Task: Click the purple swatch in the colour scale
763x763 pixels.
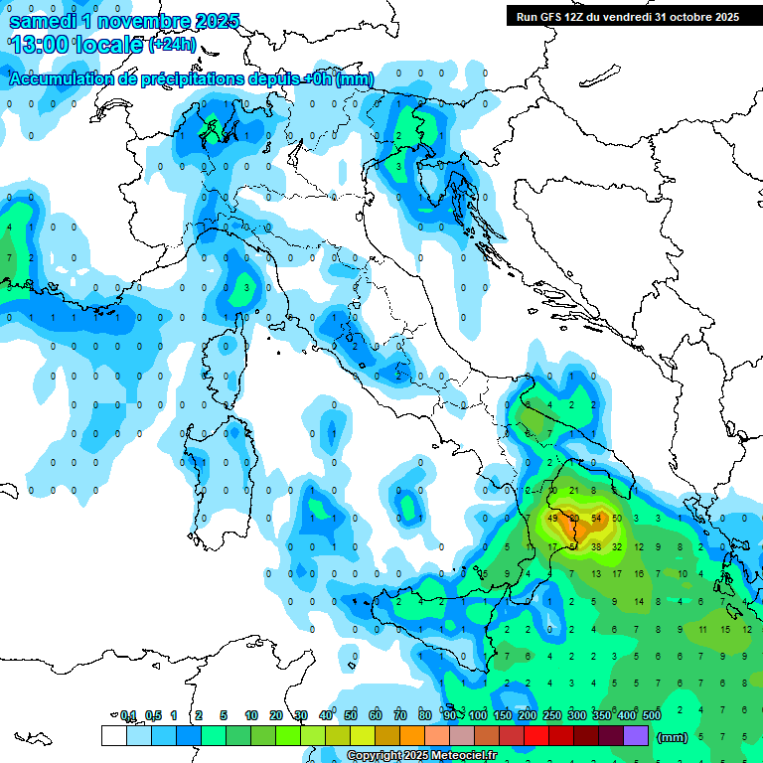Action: click(x=636, y=736)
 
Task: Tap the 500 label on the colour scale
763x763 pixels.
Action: click(x=652, y=715)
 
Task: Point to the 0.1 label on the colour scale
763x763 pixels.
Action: click(x=128, y=715)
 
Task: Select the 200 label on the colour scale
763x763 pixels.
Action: click(x=528, y=715)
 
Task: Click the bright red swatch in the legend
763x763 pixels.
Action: click(x=536, y=736)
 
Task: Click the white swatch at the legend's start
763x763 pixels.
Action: click(x=113, y=736)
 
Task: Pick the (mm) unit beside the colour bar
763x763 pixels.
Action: click(x=673, y=737)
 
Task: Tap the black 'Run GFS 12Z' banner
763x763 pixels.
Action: click(x=627, y=17)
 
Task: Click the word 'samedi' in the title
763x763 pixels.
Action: click(x=44, y=21)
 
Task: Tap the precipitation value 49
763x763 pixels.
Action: click(x=553, y=519)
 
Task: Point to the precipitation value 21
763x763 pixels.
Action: click(x=574, y=491)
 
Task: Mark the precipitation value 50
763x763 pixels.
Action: click(x=617, y=519)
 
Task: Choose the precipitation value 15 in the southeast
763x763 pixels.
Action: click(x=725, y=629)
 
